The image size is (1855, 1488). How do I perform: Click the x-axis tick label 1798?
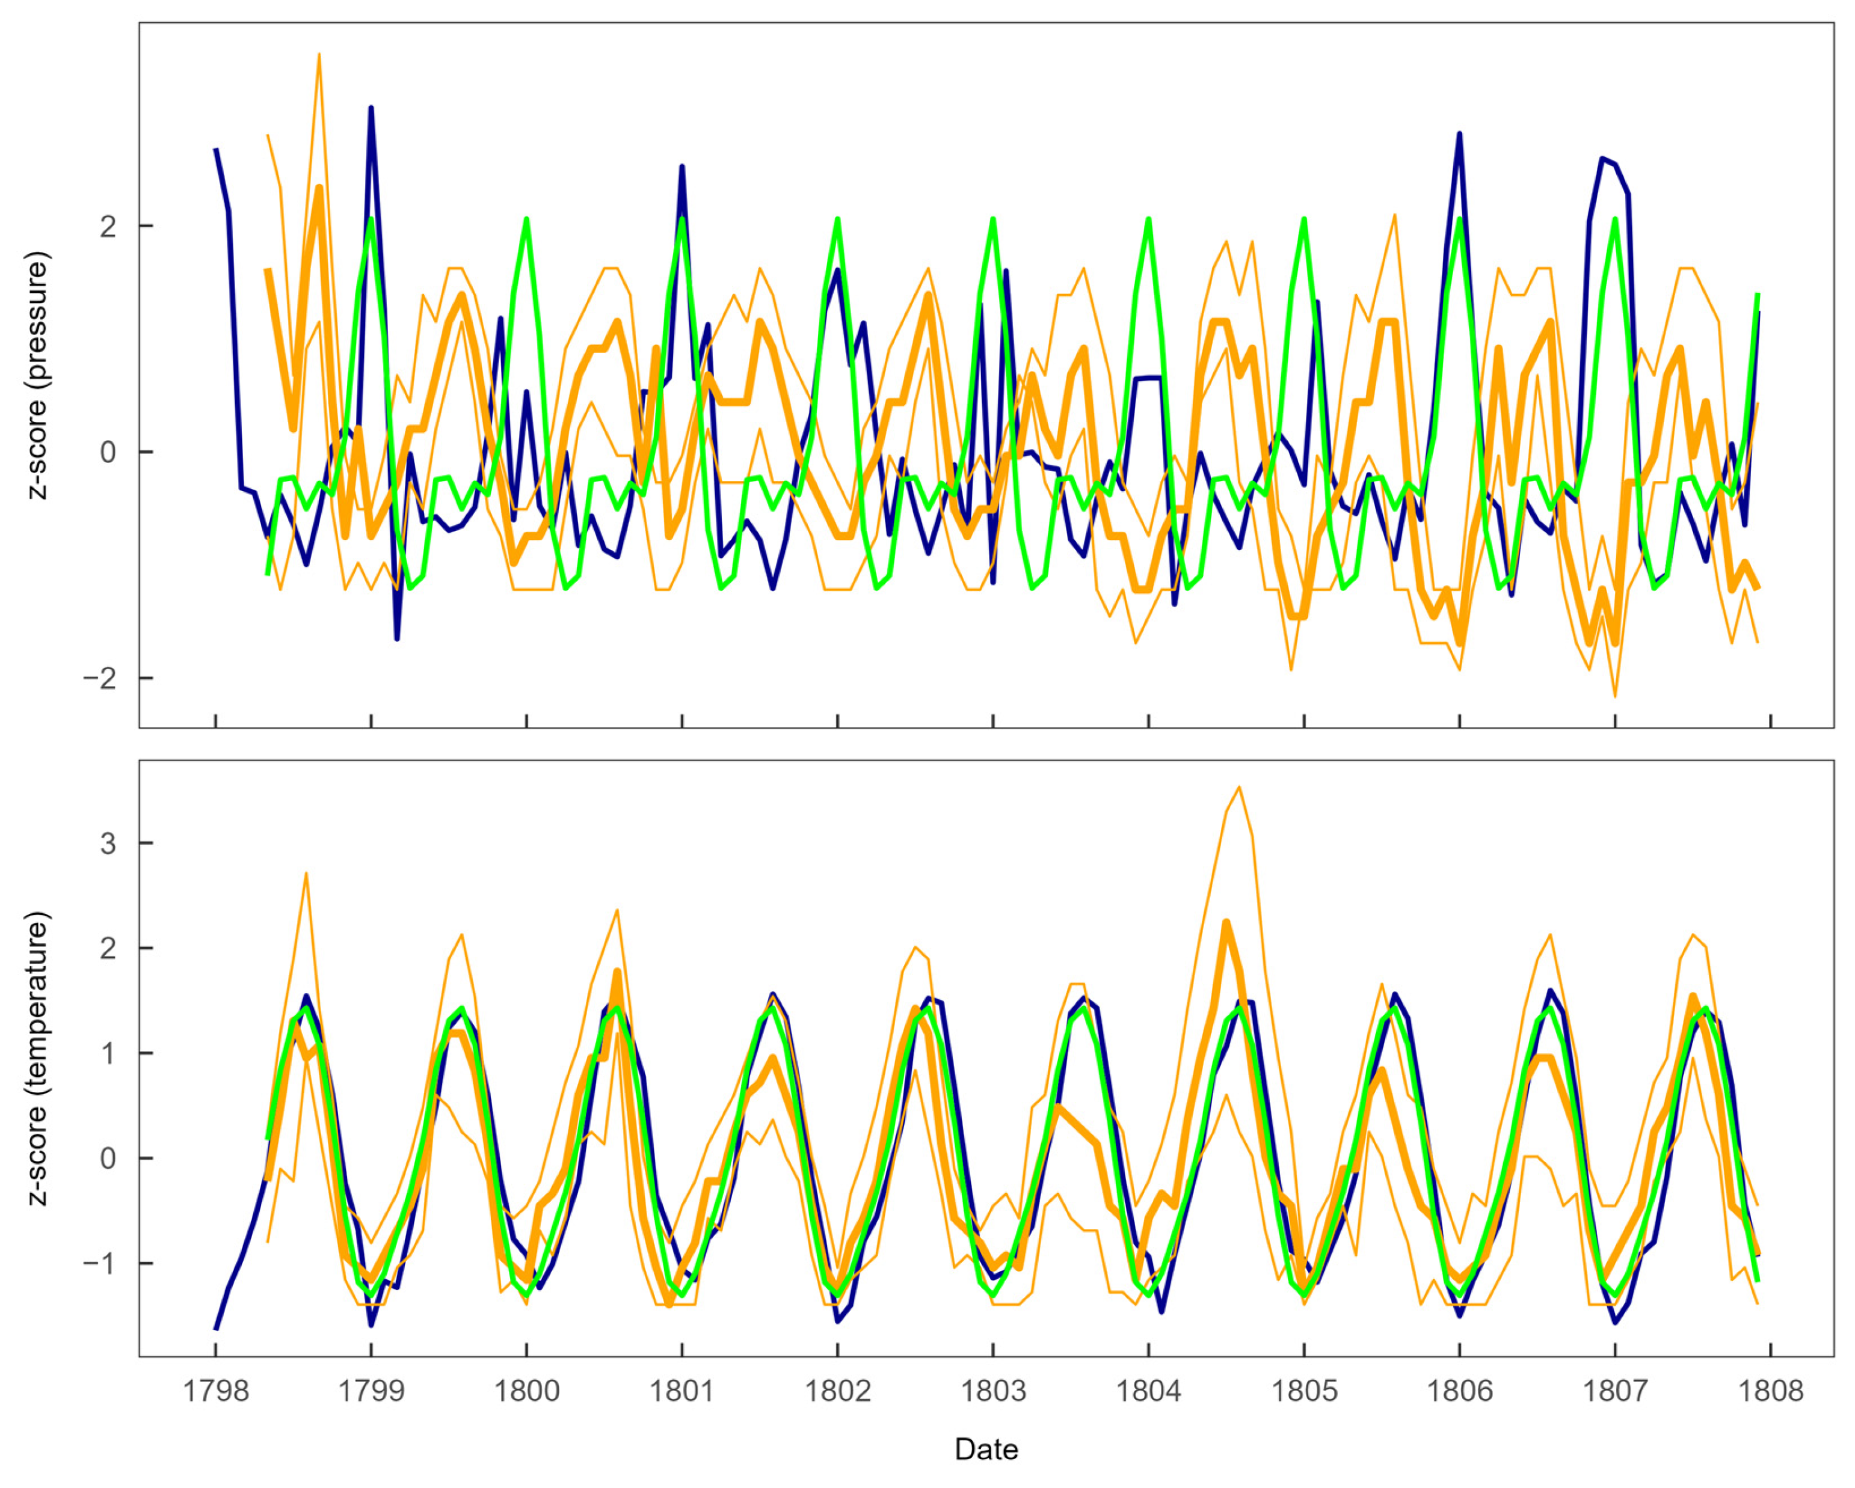(215, 1391)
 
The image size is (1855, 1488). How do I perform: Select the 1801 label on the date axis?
(681, 1391)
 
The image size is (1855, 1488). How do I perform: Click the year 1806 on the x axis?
(1459, 1391)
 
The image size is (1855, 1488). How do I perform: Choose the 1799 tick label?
(371, 1391)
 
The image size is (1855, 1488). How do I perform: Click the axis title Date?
(986, 1450)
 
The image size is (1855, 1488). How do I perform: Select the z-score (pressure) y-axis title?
(38, 375)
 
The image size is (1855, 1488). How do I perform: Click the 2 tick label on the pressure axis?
(108, 226)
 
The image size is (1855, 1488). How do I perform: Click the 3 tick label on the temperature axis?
(108, 843)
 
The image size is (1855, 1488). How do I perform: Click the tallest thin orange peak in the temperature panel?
(1239, 787)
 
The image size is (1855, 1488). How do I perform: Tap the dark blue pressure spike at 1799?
(371, 108)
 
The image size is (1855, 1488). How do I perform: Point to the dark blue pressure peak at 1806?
(1459, 134)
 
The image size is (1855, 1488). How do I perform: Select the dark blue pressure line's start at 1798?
(216, 150)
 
